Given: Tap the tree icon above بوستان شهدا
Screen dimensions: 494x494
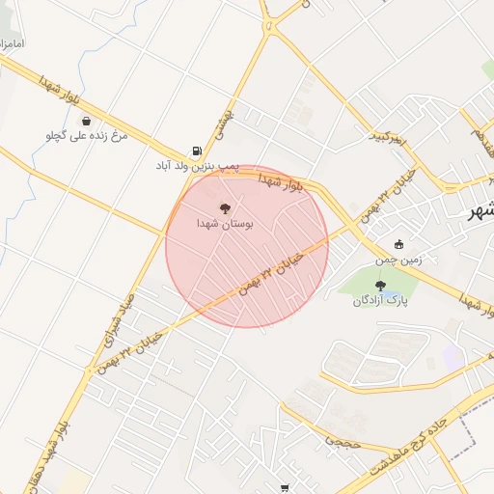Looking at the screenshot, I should (x=225, y=207).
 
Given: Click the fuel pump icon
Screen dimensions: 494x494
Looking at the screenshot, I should (x=198, y=151).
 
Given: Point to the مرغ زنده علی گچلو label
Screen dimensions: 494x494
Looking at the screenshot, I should (x=88, y=136).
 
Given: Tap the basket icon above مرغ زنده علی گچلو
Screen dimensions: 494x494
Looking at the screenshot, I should (x=88, y=122).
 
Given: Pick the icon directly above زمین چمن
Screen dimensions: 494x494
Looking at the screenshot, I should (x=398, y=244).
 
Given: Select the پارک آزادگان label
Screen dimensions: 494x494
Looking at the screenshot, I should (x=380, y=300).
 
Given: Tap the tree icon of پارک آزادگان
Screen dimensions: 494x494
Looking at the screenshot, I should (x=380, y=285).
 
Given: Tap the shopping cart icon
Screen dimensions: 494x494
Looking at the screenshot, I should (x=284, y=488).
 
